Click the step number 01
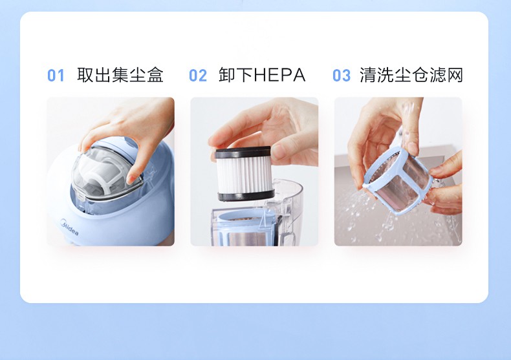coord(56,76)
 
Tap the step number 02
coord(198,76)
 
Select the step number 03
coord(342,76)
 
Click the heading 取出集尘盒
coord(120,75)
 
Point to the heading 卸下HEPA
coord(262,75)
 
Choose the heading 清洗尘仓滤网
coord(411,75)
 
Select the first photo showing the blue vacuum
coord(111,171)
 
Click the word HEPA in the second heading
coord(279,75)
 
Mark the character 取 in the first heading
coord(85,75)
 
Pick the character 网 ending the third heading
coord(455,75)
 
